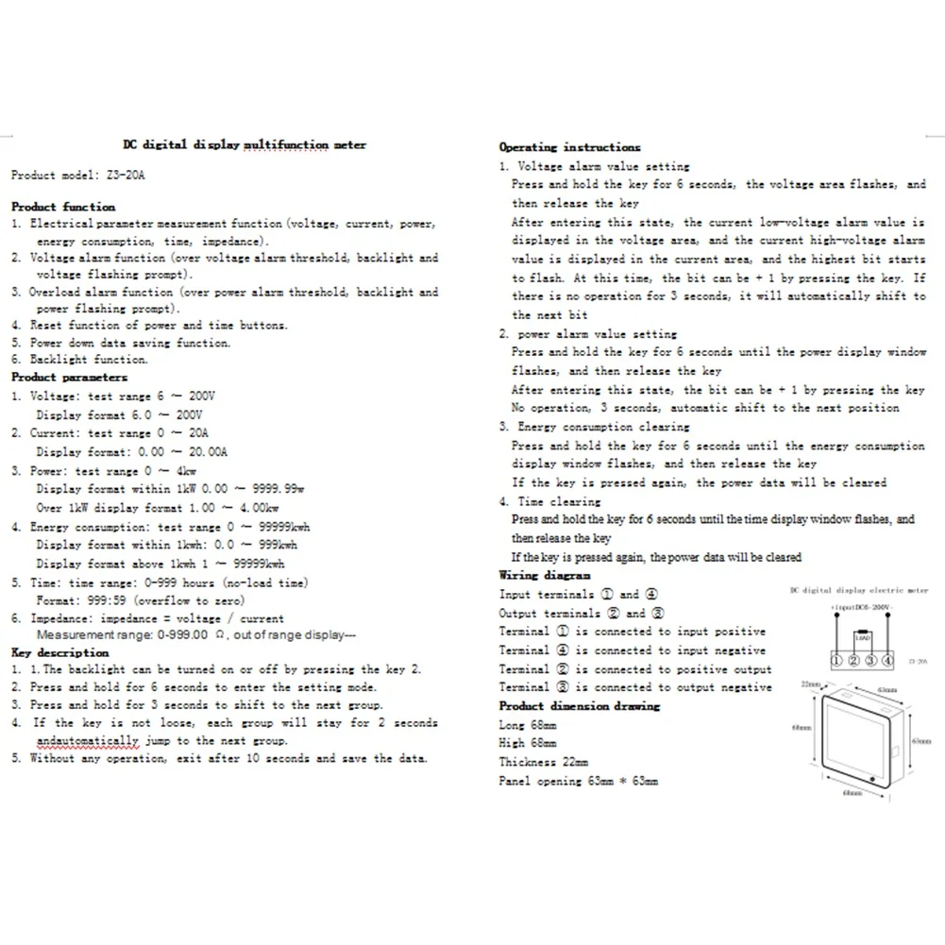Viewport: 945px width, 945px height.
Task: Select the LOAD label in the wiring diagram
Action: tap(861, 637)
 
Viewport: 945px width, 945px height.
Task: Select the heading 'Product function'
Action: tap(63, 206)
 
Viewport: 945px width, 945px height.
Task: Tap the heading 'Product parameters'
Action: tap(69, 378)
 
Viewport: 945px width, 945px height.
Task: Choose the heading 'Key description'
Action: tap(60, 653)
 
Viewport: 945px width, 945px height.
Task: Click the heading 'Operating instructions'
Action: tap(569, 147)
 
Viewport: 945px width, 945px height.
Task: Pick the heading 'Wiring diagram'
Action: tap(545, 575)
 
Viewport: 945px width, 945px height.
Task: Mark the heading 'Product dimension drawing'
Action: tap(580, 706)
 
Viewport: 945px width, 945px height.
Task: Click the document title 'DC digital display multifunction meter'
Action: tap(245, 145)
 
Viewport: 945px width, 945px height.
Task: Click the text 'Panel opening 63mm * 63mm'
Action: tap(579, 782)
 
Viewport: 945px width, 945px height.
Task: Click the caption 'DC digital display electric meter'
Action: tap(859, 590)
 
